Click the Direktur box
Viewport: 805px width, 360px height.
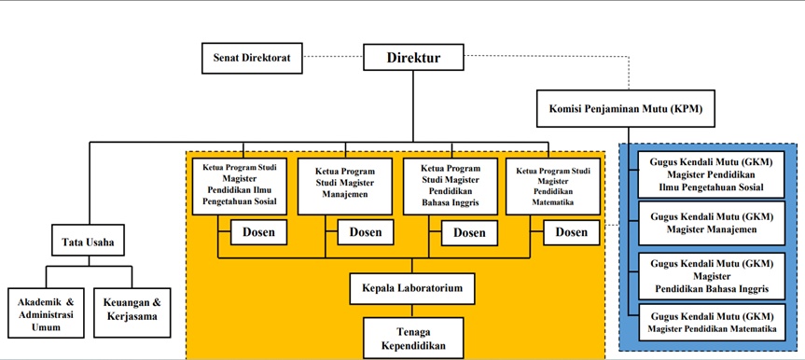413,57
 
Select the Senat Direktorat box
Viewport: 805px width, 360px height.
252,58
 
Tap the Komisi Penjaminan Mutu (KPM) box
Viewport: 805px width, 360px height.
626,109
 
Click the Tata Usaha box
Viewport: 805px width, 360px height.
88,240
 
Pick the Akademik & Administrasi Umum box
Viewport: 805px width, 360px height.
47,312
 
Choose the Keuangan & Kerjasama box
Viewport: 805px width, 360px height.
132,312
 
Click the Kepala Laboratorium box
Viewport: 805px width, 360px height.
412,288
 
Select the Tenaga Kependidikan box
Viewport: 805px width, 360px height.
413,338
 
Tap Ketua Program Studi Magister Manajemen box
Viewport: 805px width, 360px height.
345,186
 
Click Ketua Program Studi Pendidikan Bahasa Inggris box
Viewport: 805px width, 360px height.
451,186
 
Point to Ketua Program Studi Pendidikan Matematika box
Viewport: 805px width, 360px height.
553,186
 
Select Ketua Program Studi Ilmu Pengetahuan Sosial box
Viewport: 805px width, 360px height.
240,186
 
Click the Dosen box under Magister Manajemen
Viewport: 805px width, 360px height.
366,232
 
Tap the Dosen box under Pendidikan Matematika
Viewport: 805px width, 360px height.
572,232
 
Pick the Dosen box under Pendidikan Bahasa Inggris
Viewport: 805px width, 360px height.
469,232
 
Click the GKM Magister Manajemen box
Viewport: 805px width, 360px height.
712,223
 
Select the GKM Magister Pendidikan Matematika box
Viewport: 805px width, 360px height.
712,322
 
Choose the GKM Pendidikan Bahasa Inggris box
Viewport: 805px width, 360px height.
712,276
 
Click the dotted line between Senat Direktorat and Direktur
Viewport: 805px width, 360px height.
333,57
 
